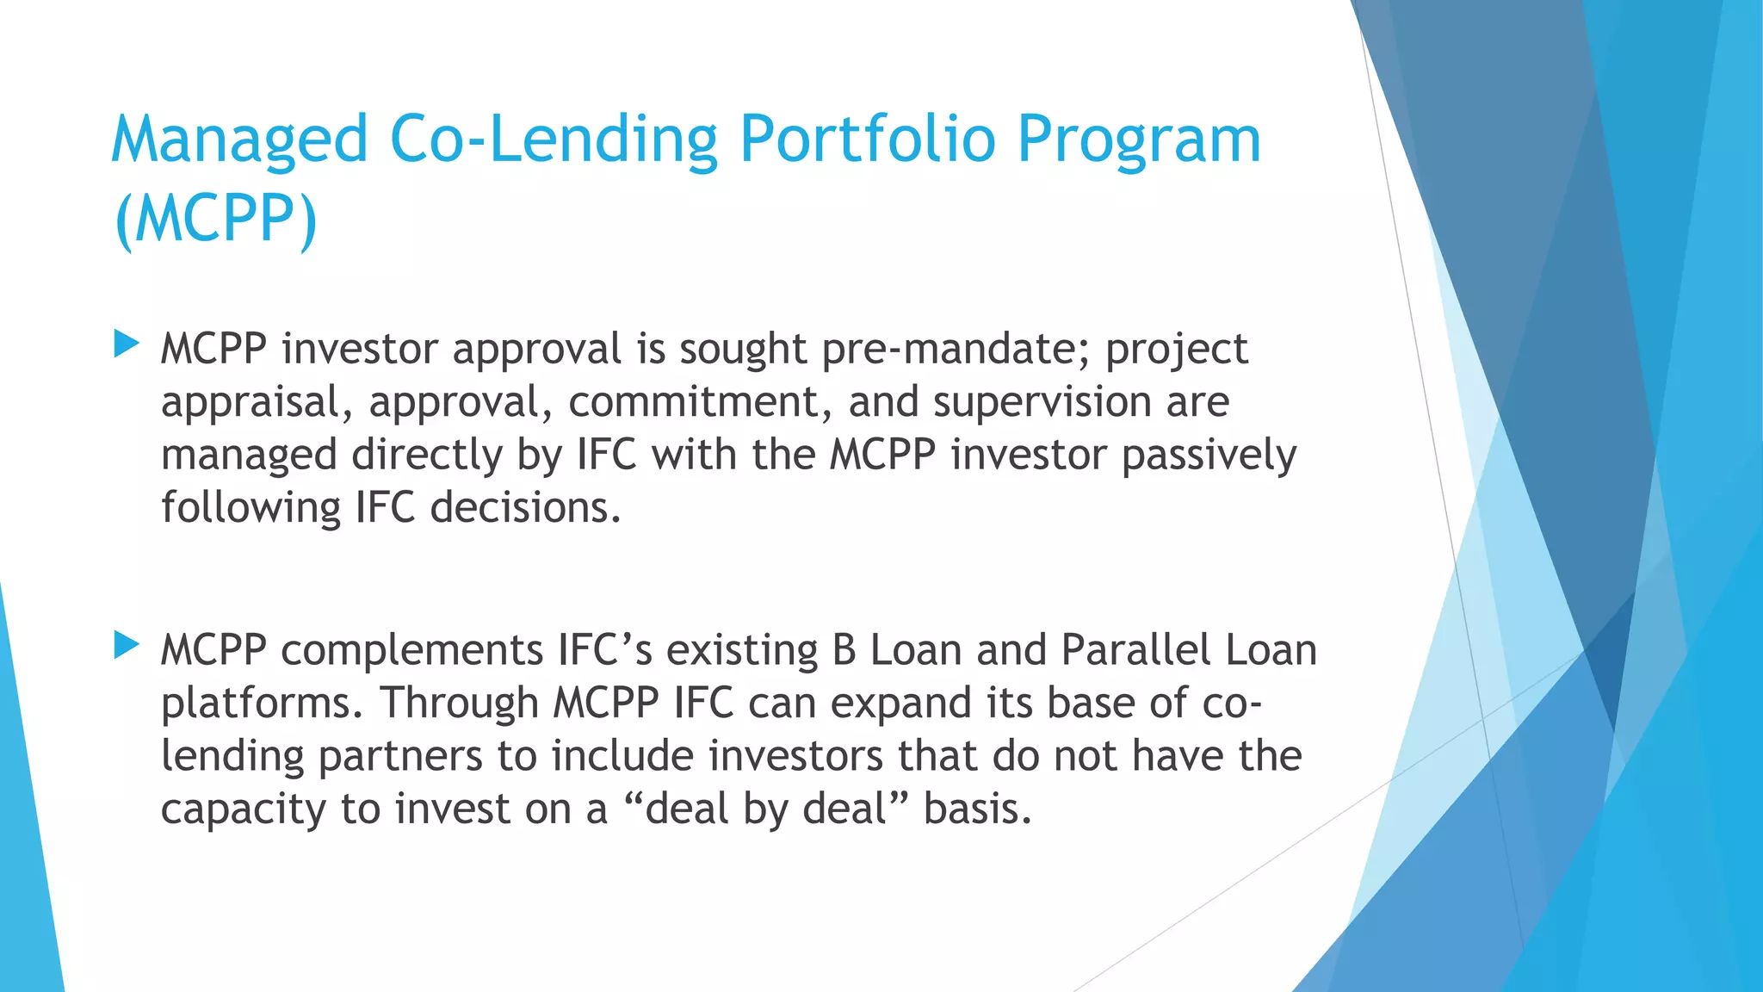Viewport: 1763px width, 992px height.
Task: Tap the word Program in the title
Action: click(x=1139, y=139)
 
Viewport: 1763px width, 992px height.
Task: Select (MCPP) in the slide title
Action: click(x=215, y=219)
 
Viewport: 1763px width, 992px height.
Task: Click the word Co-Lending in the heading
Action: click(x=554, y=139)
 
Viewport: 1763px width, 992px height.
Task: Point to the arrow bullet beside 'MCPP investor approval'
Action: click(x=127, y=344)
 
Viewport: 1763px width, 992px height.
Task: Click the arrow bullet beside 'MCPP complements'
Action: click(x=127, y=645)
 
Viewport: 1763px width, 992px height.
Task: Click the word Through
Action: click(x=459, y=704)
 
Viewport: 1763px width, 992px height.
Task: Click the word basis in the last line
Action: click(x=977, y=809)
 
